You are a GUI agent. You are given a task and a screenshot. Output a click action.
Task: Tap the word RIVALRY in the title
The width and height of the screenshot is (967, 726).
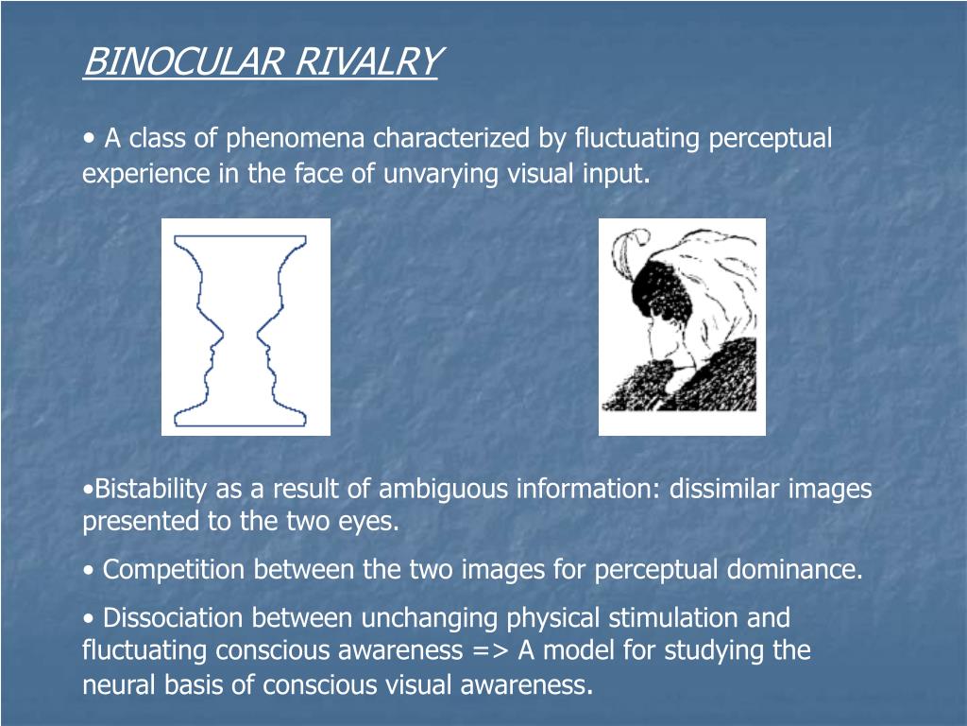[x=366, y=62]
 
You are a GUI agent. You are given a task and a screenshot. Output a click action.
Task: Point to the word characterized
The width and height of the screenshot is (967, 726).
[x=452, y=139]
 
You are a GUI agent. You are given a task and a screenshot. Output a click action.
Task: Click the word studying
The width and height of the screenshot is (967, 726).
[x=716, y=651]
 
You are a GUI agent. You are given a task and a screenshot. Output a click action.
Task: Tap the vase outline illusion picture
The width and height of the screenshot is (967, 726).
[x=246, y=327]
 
